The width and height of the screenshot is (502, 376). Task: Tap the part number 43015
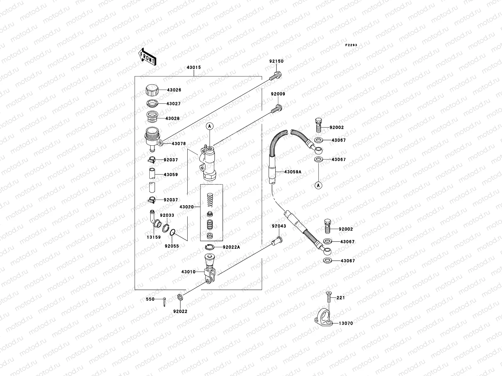pos(194,67)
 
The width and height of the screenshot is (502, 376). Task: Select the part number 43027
pos(174,104)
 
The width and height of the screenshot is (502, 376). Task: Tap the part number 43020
pos(187,207)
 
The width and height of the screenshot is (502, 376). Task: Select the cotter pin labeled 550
pos(165,301)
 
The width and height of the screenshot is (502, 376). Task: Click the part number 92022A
pos(231,247)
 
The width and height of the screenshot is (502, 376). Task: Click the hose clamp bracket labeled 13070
pos(323,318)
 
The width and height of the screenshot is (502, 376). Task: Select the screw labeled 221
pos(328,296)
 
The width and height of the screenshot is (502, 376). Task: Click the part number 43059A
pos(293,172)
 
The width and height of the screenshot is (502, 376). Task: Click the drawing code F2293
pos(351,45)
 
